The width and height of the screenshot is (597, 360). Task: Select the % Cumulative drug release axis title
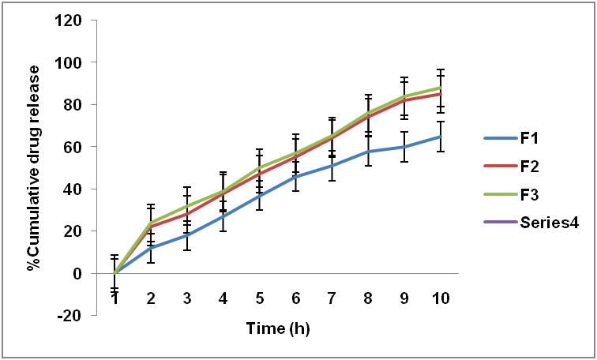[33, 168]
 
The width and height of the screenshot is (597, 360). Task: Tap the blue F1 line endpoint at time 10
[440, 137]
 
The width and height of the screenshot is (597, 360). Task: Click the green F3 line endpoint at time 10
[440, 88]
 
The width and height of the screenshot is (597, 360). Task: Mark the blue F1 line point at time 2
[151, 248]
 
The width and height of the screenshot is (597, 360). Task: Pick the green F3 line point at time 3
[187, 206]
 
